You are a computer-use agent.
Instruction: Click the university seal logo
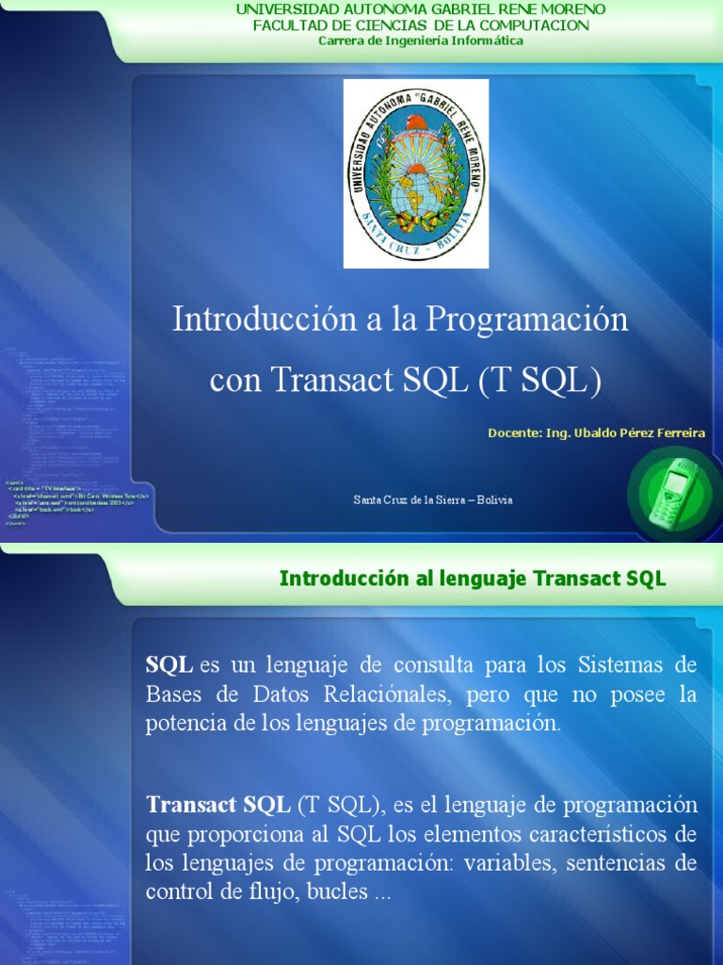(416, 173)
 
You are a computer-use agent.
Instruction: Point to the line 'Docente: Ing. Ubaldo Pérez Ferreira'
(596, 433)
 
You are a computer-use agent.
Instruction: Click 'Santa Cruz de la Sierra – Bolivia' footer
(433, 499)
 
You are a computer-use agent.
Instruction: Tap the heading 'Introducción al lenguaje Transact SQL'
(473, 579)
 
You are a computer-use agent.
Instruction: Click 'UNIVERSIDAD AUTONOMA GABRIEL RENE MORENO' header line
(421, 9)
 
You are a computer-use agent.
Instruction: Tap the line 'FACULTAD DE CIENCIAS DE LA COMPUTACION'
(421, 25)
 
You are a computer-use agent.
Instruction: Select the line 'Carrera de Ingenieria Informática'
(421, 41)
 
